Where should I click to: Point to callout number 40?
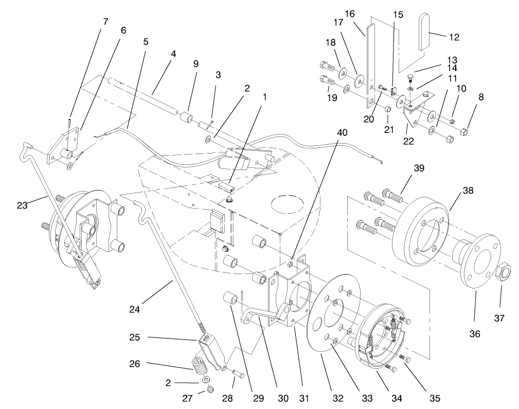coord(342,132)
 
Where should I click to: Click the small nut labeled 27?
coord(210,390)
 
